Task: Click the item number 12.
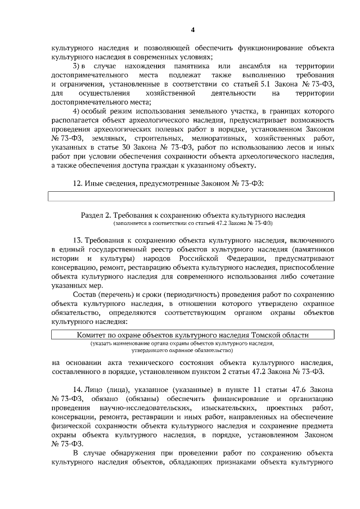pyautogui.click(x=79, y=183)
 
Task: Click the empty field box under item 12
pyautogui.click(x=192, y=196)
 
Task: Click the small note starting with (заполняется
pyautogui.click(x=191, y=223)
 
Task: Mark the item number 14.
pyautogui.click(x=79, y=389)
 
